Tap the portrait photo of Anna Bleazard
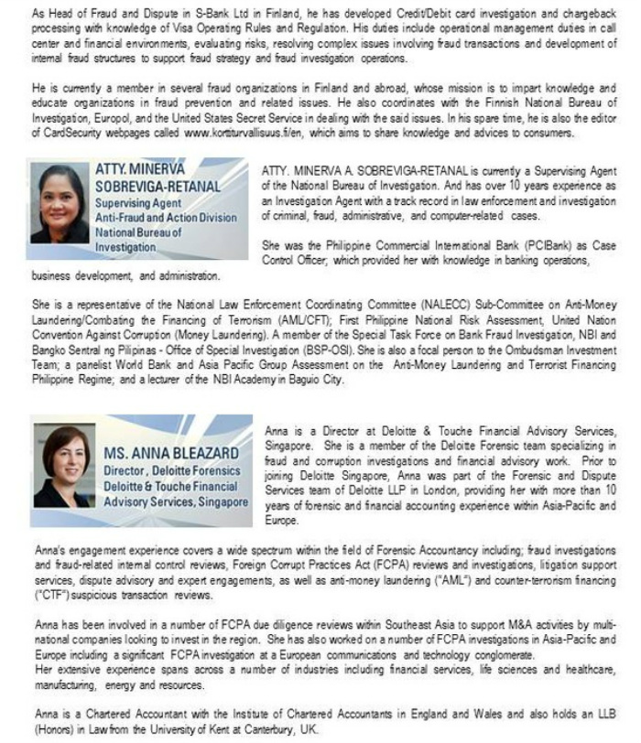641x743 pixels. click(x=62, y=468)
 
